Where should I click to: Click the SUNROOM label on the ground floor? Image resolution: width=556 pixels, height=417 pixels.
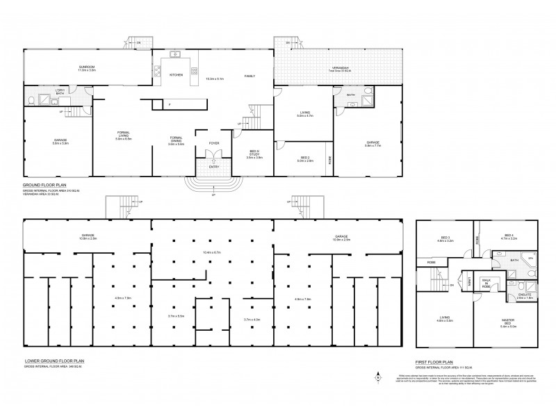[x=86, y=67]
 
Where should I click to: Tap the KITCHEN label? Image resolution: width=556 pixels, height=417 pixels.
[x=176, y=75]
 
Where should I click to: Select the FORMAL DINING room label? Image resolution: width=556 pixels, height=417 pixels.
[x=175, y=141]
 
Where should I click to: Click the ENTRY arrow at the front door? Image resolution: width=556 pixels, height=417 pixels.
[x=214, y=161]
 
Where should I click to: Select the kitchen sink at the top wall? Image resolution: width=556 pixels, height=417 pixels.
[x=176, y=54]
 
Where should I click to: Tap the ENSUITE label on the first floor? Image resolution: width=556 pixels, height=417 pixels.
[x=525, y=295]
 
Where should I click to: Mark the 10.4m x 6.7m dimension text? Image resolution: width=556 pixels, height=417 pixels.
[x=212, y=252]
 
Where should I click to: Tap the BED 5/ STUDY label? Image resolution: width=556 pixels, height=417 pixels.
[x=254, y=155]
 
